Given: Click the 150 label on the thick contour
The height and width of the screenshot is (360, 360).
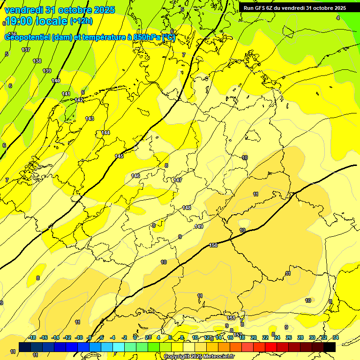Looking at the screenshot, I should [x=213, y=245].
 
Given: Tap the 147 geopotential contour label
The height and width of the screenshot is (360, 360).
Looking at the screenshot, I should [x=178, y=180].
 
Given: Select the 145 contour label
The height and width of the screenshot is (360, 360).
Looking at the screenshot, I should [x=119, y=156].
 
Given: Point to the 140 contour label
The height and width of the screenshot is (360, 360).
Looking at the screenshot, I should [x=56, y=81].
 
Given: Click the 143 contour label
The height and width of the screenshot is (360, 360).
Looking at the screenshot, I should [x=90, y=119].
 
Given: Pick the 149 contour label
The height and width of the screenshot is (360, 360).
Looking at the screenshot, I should [x=199, y=226].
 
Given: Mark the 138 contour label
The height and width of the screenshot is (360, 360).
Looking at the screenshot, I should [x=37, y=61].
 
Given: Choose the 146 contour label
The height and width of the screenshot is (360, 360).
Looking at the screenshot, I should [x=135, y=176].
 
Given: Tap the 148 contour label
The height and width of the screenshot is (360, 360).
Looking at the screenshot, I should [x=187, y=208].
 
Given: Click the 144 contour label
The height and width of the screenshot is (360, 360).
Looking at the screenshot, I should [x=106, y=133].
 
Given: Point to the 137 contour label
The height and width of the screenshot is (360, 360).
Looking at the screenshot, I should [x=26, y=50].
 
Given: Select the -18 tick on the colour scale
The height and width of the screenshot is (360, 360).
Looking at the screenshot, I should [x=32, y=337].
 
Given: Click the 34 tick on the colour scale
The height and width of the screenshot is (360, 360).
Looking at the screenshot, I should [x=335, y=337].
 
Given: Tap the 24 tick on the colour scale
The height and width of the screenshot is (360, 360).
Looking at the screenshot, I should [x=277, y=337].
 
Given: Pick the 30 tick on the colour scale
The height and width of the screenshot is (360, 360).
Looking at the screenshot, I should [x=312, y=337].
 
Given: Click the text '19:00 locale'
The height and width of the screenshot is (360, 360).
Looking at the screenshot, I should [x=36, y=21].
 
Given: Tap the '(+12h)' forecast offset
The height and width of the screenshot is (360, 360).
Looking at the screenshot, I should [x=81, y=21].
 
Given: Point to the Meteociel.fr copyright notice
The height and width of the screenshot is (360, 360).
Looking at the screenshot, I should [x=199, y=357].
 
